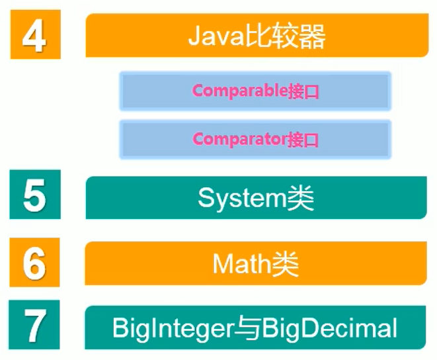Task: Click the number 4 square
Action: pyautogui.click(x=35, y=35)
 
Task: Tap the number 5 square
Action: pyautogui.click(x=34, y=195)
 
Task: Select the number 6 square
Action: pyautogui.click(x=34, y=263)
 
